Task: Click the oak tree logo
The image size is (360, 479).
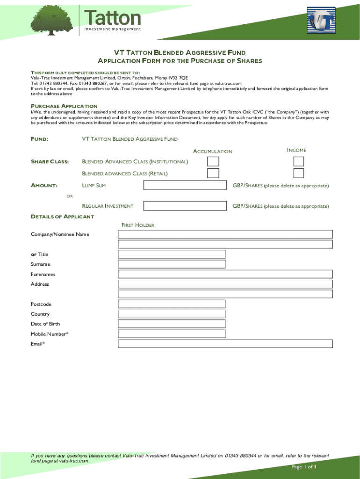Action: (51, 19)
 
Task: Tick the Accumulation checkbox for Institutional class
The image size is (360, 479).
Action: (213, 161)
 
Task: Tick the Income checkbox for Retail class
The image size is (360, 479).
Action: (298, 174)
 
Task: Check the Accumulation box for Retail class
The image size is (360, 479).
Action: (213, 174)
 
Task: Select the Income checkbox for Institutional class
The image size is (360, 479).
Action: (298, 161)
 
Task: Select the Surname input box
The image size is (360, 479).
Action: (172, 264)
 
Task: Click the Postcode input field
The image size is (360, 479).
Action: (172, 304)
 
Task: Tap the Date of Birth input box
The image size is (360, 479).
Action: (172, 324)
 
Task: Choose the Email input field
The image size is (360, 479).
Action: (225, 344)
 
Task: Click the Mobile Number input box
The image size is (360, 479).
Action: (172, 334)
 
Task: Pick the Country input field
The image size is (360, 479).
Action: (172, 314)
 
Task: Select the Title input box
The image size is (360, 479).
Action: (172, 254)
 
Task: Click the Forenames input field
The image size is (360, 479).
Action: (225, 274)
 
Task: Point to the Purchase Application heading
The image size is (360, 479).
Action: (64, 106)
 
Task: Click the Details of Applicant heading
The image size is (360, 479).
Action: (62, 217)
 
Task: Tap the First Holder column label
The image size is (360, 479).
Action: (138, 225)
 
